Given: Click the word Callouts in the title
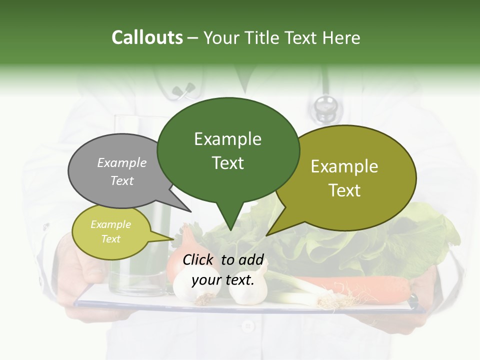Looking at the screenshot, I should coord(147,37).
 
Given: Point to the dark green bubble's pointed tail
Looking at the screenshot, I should coord(230,222).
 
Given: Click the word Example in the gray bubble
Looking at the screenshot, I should coord(122,163).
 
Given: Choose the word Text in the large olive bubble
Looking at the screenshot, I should coord(344,190).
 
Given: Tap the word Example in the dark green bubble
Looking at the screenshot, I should coord(228,139).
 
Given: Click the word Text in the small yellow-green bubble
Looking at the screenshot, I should coord(111,239).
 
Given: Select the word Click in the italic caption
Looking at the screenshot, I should coord(199,260).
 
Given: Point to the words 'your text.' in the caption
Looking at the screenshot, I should coord(223,280).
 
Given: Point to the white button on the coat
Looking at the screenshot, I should coord(246,326).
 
